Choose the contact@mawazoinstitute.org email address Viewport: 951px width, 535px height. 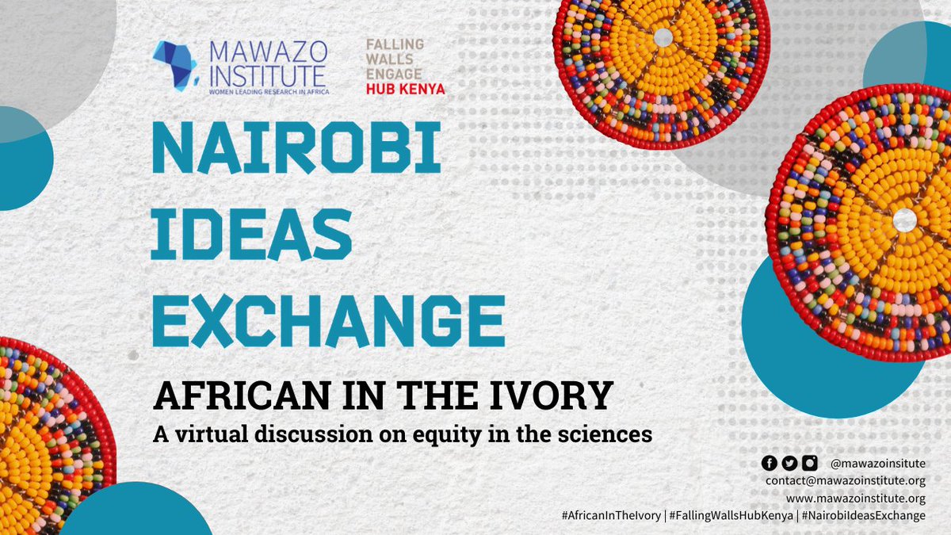pos(846,481)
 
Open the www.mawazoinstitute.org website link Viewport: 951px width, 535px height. pos(856,499)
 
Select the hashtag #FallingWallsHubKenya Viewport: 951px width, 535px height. pos(730,516)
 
